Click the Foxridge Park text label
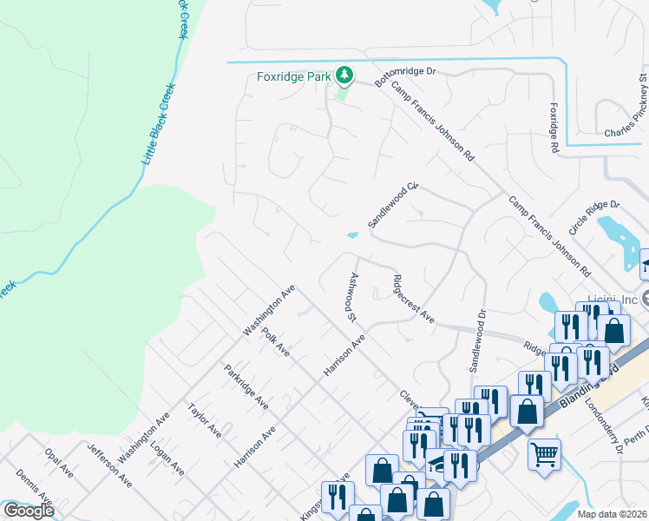pyautogui.click(x=294, y=76)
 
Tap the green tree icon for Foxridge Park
pyautogui.click(x=345, y=76)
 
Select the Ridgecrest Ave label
pyautogui.click(x=414, y=299)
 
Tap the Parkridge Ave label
pyautogui.click(x=246, y=386)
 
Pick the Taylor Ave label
pyautogui.click(x=205, y=419)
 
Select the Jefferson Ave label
pyautogui.click(x=110, y=465)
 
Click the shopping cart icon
pyautogui.click(x=544, y=454)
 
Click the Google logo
pyautogui.click(x=28, y=510)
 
